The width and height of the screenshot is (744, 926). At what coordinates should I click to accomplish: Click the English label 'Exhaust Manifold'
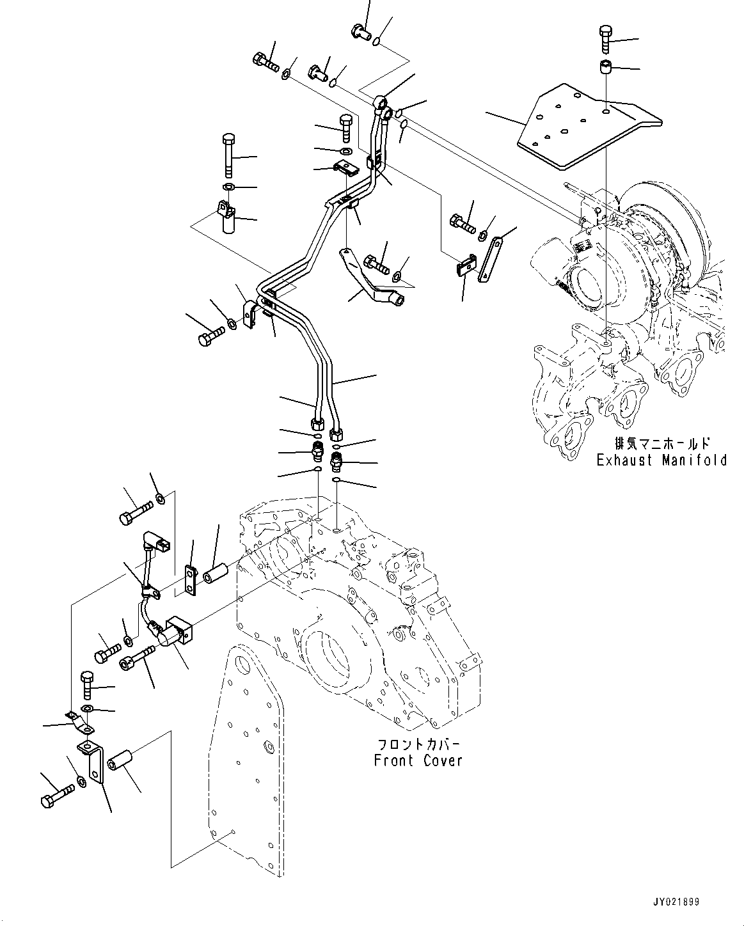661,460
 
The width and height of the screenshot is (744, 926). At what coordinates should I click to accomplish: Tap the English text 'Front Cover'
418,760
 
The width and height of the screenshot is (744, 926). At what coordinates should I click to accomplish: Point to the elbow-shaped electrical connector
156,542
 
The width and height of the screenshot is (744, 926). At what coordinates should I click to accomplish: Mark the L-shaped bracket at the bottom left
91,760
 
